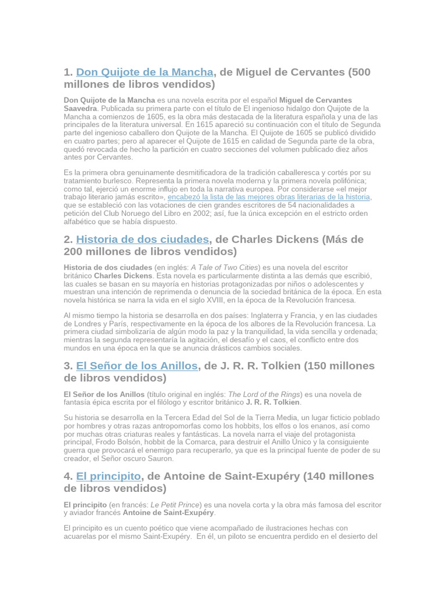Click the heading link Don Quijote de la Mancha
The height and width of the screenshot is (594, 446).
coord(145,73)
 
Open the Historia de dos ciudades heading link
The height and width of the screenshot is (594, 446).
coord(142,240)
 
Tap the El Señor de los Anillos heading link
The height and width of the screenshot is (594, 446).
coord(137,366)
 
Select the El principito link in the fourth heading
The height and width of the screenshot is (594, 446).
coord(109,476)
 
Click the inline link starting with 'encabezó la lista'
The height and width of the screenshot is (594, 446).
coord(269,197)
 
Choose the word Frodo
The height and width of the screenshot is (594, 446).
coord(115,443)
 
